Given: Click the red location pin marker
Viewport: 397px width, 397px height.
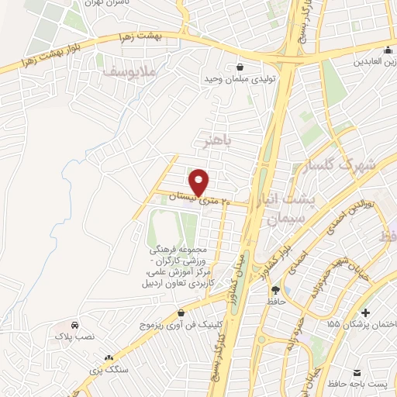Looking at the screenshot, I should click(201, 182).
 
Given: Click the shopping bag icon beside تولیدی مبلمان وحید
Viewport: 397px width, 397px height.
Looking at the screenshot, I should click(238, 67).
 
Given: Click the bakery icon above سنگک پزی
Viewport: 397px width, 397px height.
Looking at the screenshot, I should click(109, 358).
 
